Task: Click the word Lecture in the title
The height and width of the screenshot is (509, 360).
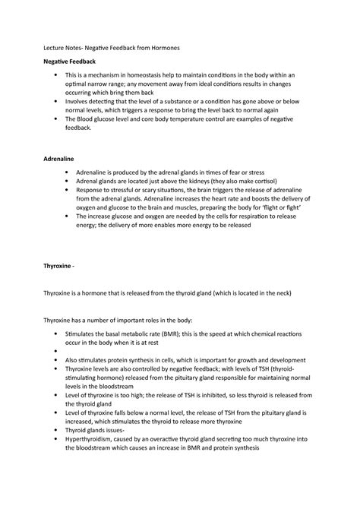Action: click(x=53, y=49)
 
